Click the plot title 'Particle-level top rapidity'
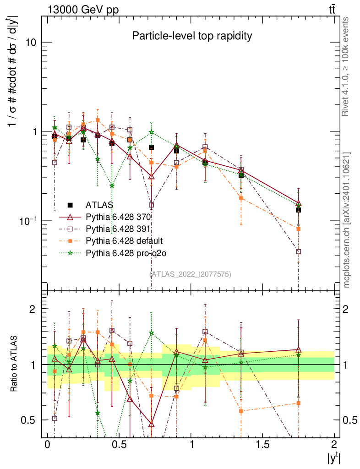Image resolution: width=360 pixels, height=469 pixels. pyautogui.click(x=192, y=36)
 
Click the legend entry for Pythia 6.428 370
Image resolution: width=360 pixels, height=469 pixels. pyautogui.click(x=119, y=217)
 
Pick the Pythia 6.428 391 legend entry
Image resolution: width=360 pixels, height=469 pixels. pyautogui.click(x=119, y=229)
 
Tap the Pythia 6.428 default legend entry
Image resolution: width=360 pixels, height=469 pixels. pyautogui.click(x=124, y=240)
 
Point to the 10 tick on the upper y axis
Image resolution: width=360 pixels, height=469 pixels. pyautogui.click(x=31, y=42)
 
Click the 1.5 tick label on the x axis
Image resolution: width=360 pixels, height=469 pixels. pyautogui.click(x=262, y=445)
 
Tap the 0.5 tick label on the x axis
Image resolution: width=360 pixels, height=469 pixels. pyautogui.click(x=119, y=445)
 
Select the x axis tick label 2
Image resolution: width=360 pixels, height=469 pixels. pyautogui.click(x=334, y=445)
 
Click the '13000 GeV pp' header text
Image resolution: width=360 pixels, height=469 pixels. pyautogui.click(x=77, y=10)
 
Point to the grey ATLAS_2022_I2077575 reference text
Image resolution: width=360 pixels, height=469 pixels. pyautogui.click(x=190, y=274)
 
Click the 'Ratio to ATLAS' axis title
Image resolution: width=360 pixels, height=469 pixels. pyautogui.click(x=15, y=363)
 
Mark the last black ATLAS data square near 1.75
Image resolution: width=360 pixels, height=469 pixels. pyautogui.click(x=298, y=210)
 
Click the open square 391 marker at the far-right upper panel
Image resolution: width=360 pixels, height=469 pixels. pyautogui.click(x=298, y=251)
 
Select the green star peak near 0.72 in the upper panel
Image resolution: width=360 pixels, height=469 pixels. pyautogui.click(x=151, y=132)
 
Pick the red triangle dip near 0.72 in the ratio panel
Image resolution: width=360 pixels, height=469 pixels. pyautogui.click(x=151, y=424)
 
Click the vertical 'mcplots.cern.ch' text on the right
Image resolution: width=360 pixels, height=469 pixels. pyautogui.click(x=347, y=220)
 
